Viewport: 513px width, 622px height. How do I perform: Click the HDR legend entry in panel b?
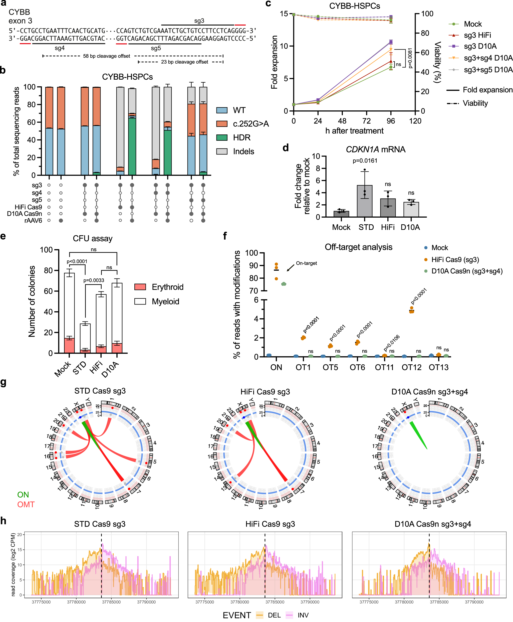pyautogui.click(x=241, y=138)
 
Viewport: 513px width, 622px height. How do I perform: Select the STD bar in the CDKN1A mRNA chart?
pyautogui.click(x=364, y=201)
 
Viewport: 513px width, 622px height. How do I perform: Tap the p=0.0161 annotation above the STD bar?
pyautogui.click(x=365, y=161)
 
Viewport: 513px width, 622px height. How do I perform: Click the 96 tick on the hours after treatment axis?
pyautogui.click(x=391, y=121)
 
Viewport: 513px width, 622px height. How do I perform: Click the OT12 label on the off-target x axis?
pyautogui.click(x=411, y=367)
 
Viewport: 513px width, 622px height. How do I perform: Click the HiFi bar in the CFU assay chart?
pyautogui.click(x=101, y=322)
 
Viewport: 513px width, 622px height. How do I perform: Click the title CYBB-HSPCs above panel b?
pyautogui.click(x=127, y=77)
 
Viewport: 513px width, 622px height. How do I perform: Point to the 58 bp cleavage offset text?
pyautogui.click(x=106, y=56)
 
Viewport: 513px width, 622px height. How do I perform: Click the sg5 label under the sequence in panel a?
pyautogui.click(x=156, y=48)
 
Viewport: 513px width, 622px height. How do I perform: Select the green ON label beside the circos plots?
pyautogui.click(x=23, y=495)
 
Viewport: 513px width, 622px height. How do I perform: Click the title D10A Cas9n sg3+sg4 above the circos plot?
pyautogui.click(x=429, y=392)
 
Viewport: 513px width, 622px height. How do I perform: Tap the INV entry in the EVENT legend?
pyautogui.click(x=303, y=615)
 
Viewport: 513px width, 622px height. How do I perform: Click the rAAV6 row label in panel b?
pyautogui.click(x=33, y=221)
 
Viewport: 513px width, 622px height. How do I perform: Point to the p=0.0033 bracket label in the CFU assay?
pyautogui.click(x=93, y=280)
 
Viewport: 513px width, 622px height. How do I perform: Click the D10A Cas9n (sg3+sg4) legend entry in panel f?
pyautogui.click(x=467, y=271)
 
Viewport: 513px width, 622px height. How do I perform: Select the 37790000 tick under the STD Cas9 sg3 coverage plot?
pyautogui.click(x=146, y=602)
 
